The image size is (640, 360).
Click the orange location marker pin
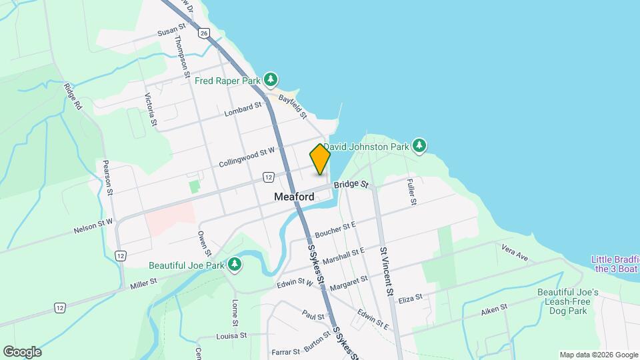point(320,159)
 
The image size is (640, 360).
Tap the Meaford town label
point(294,197)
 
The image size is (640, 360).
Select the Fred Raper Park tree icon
point(270,81)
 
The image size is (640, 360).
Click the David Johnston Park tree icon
point(419,145)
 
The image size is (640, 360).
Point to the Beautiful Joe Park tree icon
point(234,265)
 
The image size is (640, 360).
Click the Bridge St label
point(351,184)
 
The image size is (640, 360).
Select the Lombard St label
point(242,108)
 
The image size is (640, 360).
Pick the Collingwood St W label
point(247,158)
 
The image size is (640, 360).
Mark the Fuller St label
point(411,189)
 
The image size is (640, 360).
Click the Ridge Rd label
point(73,97)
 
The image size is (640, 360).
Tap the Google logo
point(22,351)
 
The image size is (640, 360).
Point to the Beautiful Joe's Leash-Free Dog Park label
point(569,301)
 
